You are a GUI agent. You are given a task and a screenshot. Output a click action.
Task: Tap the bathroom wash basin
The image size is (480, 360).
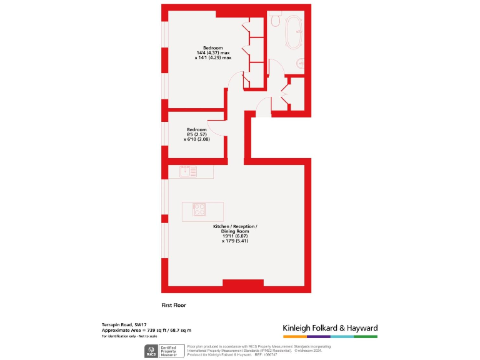tap(301, 62)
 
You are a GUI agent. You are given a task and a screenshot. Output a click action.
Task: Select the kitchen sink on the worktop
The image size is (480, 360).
tap(187, 171)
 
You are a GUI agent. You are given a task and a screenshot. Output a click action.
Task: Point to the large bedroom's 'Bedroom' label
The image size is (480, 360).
tap(213, 48)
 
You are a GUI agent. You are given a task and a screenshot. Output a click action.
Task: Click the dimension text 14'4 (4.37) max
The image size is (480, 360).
tap(213, 53)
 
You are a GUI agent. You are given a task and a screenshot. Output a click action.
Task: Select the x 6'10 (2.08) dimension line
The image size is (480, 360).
tap(196, 139)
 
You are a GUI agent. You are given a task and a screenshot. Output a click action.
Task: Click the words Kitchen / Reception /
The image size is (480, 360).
tap(239, 226)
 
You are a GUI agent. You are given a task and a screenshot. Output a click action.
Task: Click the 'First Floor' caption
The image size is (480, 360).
tap(174, 306)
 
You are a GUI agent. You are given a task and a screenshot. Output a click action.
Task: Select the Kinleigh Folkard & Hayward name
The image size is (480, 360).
tap(330, 328)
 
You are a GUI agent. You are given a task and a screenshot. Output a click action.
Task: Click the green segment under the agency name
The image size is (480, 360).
tap(366, 336)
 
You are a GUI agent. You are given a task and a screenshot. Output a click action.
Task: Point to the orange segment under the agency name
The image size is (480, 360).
tap(294, 336)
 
